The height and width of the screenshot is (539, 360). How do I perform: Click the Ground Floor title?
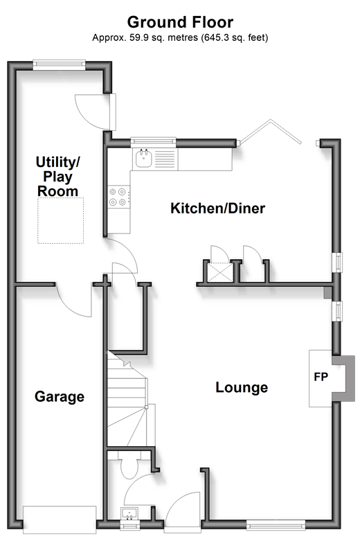[x=180, y=22]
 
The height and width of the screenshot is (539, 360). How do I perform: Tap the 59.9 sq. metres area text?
[x=163, y=37]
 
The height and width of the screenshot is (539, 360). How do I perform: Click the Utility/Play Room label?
[x=57, y=177]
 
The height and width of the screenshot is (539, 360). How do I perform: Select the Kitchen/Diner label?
[x=218, y=209]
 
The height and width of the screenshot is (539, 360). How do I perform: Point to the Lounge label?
[x=242, y=387]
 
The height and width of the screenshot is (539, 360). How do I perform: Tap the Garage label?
[x=60, y=397]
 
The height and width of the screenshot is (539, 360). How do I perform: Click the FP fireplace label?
[x=321, y=377]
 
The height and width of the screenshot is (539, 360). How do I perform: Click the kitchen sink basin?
[x=143, y=159]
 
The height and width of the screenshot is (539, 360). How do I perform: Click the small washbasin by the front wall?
[x=129, y=513]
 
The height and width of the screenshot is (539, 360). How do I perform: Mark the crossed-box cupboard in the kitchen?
[x=220, y=272]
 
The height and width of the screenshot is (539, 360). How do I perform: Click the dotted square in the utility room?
[x=60, y=220]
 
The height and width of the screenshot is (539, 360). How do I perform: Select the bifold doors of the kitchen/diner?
[x=271, y=132]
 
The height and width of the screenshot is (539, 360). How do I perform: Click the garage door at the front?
[x=60, y=520]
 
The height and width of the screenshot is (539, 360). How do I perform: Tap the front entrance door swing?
[x=182, y=509]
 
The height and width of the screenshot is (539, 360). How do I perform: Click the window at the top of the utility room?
[x=59, y=64]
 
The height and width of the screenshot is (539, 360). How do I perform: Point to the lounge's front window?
[x=276, y=524]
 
